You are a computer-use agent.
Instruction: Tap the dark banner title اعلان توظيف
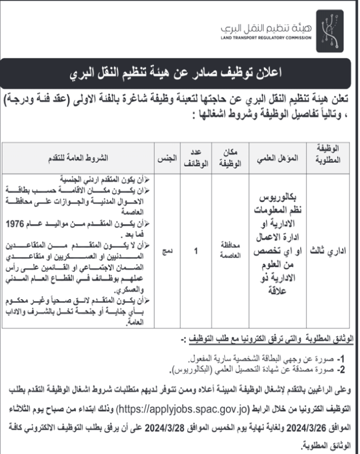coord(179,73)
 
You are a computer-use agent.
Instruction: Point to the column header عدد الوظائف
coord(196,159)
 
